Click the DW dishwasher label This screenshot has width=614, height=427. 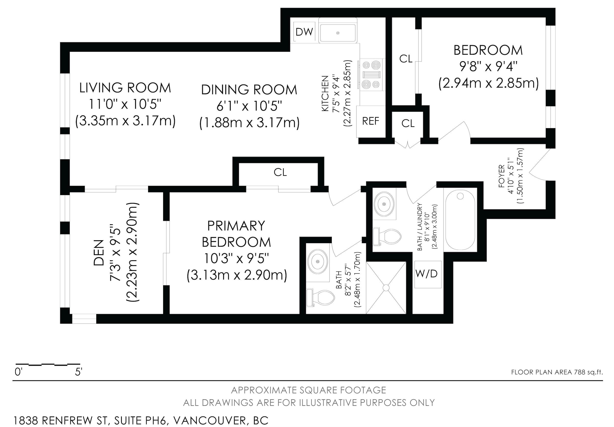tap(304, 32)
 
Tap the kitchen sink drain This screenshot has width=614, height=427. tap(338, 33)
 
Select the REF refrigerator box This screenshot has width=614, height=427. tap(371, 121)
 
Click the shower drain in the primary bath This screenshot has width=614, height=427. tap(386, 288)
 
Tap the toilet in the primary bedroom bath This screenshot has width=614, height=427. tap(321, 298)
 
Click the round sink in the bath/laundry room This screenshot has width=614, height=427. tap(384, 204)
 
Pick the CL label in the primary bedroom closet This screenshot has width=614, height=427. tap(280, 173)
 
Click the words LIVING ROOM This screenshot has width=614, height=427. tap(125, 88)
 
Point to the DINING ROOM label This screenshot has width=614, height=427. tap(249, 90)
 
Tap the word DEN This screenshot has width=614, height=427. tap(99, 253)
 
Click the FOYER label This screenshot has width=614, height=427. tap(502, 176)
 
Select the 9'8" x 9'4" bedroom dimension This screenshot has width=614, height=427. tap(488, 67)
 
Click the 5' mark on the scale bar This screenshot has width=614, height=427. tap(78, 372)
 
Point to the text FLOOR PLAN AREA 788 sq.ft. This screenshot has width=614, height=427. tap(557, 372)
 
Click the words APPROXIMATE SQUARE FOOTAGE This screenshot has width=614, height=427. tap(309, 390)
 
